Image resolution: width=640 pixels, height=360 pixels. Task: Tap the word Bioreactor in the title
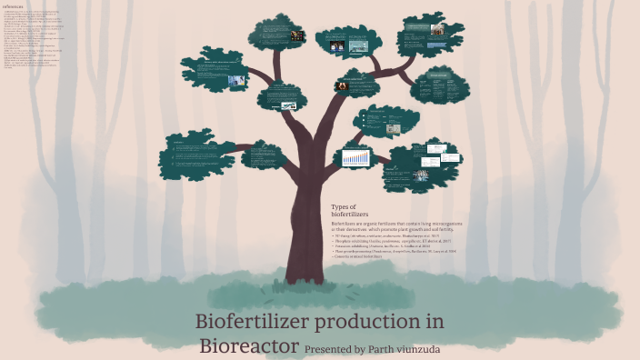pyautogui.click(x=248, y=346)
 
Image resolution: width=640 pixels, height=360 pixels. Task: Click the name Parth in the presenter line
pyautogui.click(x=385, y=349)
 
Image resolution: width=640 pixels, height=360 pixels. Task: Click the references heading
pyautogui.click(x=13, y=5)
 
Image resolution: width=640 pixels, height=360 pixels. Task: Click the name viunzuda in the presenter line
pyautogui.click(x=428, y=349)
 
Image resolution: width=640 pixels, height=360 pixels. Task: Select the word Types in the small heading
pyautogui.click(x=341, y=206)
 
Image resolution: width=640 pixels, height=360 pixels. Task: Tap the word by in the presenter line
pyautogui.click(x=361, y=349)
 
